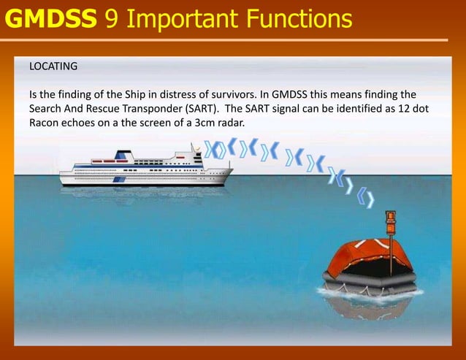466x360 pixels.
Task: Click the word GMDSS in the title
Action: (51, 18)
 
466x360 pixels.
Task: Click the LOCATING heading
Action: (53, 66)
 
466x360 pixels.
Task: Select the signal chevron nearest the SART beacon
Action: (370, 198)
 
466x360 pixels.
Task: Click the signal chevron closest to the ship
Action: (210, 150)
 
